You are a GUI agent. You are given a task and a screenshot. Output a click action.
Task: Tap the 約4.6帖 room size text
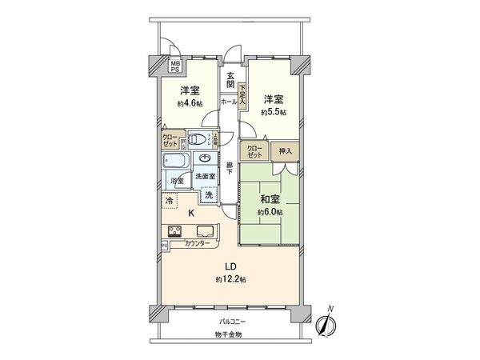188,103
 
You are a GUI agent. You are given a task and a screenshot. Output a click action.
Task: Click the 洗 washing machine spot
209,195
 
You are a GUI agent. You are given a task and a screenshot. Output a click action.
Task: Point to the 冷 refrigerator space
169,201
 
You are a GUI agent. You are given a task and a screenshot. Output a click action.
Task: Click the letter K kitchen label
190,214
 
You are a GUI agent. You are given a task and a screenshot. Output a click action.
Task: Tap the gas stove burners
174,232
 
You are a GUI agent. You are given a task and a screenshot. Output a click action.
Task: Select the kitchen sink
203,232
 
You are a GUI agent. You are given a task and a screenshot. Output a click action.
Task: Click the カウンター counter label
198,243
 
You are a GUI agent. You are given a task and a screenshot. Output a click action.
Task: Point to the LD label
230,266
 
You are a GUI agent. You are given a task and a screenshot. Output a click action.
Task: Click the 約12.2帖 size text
230,279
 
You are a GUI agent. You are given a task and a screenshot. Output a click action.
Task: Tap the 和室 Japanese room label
269,199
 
